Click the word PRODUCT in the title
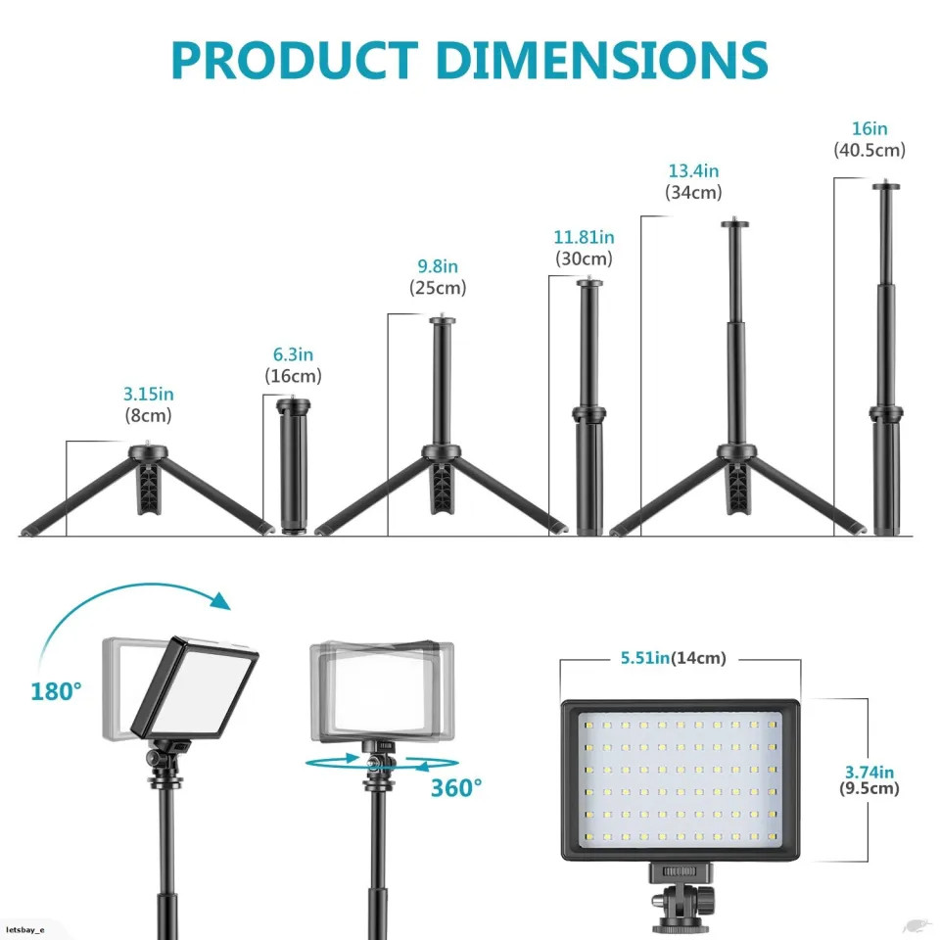click(295, 61)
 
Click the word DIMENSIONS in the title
click(601, 61)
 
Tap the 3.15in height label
click(149, 394)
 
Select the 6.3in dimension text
click(293, 354)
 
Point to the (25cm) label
click(438, 288)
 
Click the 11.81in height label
click(584, 237)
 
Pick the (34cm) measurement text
click(693, 193)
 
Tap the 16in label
click(869, 128)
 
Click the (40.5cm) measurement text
click(869, 150)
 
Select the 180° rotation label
click(56, 691)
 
